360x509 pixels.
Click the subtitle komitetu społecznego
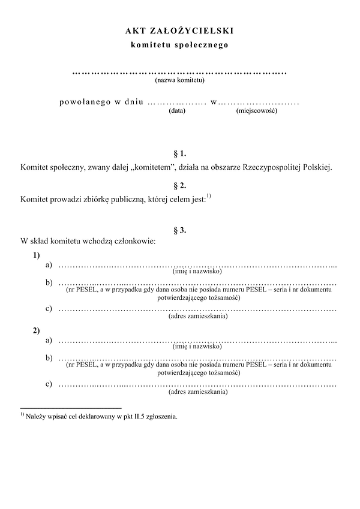click(x=179, y=44)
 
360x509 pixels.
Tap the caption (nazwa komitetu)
click(x=179, y=80)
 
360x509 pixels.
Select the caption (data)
click(x=177, y=110)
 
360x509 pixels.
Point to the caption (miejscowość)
click(x=256, y=110)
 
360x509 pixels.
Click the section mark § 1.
click(x=179, y=154)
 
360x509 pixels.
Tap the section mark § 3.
click(x=179, y=230)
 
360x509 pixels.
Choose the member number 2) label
click(x=37, y=330)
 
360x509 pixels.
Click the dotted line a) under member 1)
click(x=198, y=265)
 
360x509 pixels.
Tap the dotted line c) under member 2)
click(x=198, y=384)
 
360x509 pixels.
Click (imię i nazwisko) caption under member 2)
click(x=197, y=347)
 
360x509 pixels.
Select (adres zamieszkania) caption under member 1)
click(x=198, y=316)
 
